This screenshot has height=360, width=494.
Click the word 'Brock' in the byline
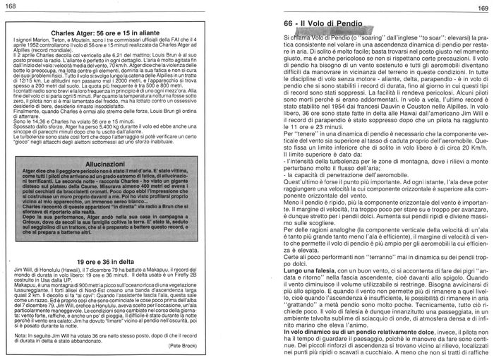(230, 348)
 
